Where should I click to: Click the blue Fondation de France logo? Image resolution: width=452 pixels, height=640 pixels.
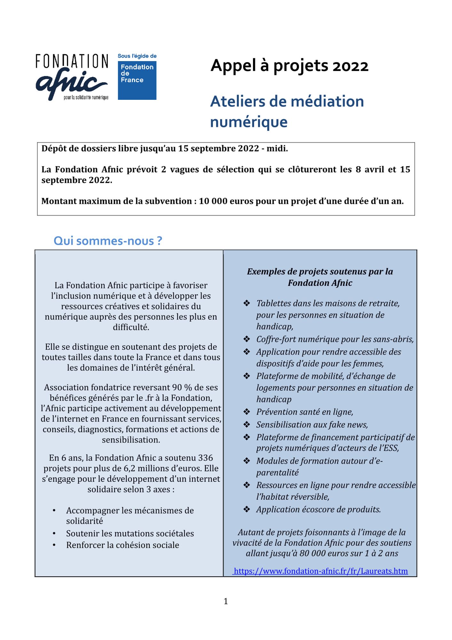click(137, 80)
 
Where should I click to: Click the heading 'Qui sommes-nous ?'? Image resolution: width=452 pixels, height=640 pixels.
click(108, 241)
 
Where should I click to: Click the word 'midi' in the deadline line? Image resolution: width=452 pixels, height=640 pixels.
click(279, 149)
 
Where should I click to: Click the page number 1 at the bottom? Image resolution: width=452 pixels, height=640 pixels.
click(226, 601)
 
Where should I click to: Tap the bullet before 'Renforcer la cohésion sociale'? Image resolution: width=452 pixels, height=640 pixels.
click(54, 545)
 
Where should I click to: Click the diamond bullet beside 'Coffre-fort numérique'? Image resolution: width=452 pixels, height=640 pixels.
click(247, 339)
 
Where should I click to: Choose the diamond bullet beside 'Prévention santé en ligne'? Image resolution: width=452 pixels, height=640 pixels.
click(247, 412)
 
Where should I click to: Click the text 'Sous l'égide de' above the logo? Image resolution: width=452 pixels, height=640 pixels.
click(137, 56)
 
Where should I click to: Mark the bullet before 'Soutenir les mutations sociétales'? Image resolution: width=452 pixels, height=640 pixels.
click(54, 533)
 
